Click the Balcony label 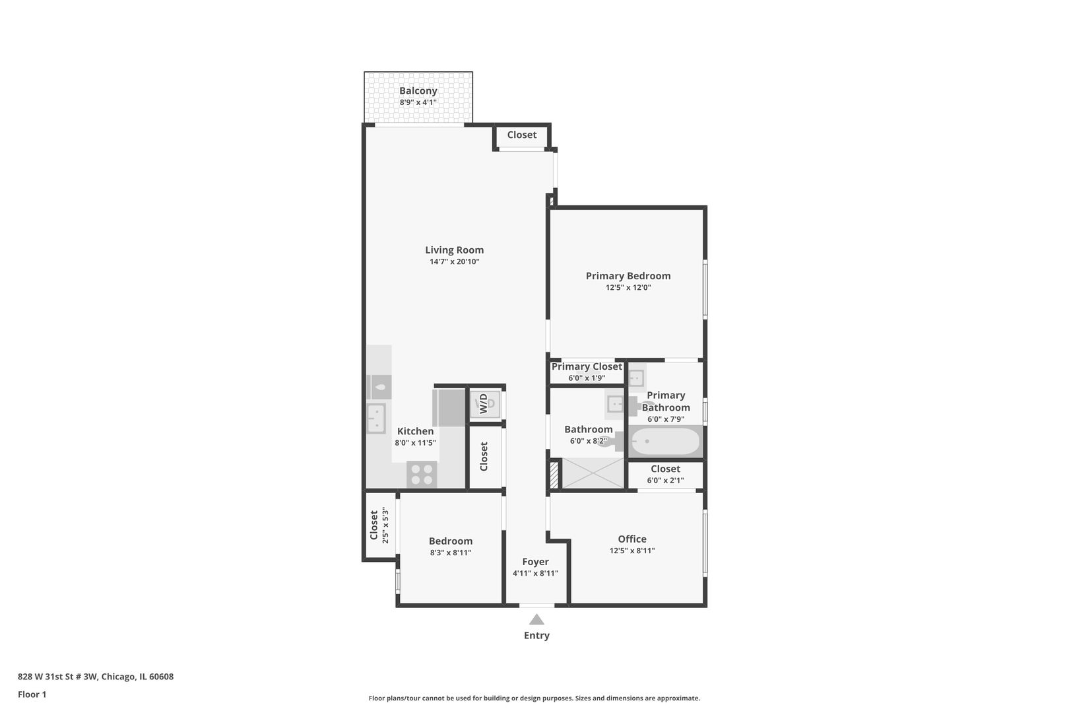(x=418, y=91)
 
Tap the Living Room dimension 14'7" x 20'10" (x=454, y=262)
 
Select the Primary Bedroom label (x=628, y=276)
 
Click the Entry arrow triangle (x=536, y=619)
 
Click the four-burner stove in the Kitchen (x=422, y=473)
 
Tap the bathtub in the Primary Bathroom (x=665, y=442)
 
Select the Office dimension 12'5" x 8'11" (x=632, y=551)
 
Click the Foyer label (x=535, y=562)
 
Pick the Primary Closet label (x=587, y=366)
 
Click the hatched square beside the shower (x=554, y=475)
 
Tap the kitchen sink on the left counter (x=375, y=418)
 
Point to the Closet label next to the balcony (x=521, y=135)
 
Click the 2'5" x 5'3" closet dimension (x=385, y=526)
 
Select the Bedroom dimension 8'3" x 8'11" (x=450, y=553)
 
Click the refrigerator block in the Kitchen (x=449, y=407)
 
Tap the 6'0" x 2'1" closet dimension (x=665, y=481)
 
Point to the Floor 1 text (x=32, y=695)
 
